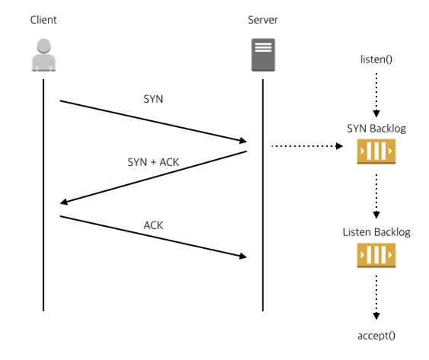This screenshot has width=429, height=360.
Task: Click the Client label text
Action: point(43,20)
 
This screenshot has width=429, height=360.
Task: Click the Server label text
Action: point(263,20)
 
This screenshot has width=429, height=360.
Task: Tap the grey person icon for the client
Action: point(44,55)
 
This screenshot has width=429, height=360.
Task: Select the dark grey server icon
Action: point(263,55)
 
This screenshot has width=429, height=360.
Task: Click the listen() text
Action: point(377,59)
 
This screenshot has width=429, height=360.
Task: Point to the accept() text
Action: point(377,336)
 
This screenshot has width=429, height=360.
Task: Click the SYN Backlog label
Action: point(377,129)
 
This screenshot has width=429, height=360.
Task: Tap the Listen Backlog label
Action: point(377,232)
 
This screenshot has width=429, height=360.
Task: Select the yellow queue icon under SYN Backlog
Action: point(377,151)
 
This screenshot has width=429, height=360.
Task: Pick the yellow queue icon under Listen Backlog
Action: point(377,255)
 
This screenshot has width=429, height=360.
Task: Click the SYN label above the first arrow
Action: point(153,99)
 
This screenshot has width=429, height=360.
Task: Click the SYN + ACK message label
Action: point(153,162)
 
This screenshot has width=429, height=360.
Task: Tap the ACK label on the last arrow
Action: point(153,225)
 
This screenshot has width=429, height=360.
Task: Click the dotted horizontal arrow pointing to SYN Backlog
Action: point(307,146)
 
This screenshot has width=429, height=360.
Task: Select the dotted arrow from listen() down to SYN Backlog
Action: point(377,95)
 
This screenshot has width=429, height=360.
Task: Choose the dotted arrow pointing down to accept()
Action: point(377,298)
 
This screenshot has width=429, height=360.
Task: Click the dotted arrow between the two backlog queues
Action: point(377,196)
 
